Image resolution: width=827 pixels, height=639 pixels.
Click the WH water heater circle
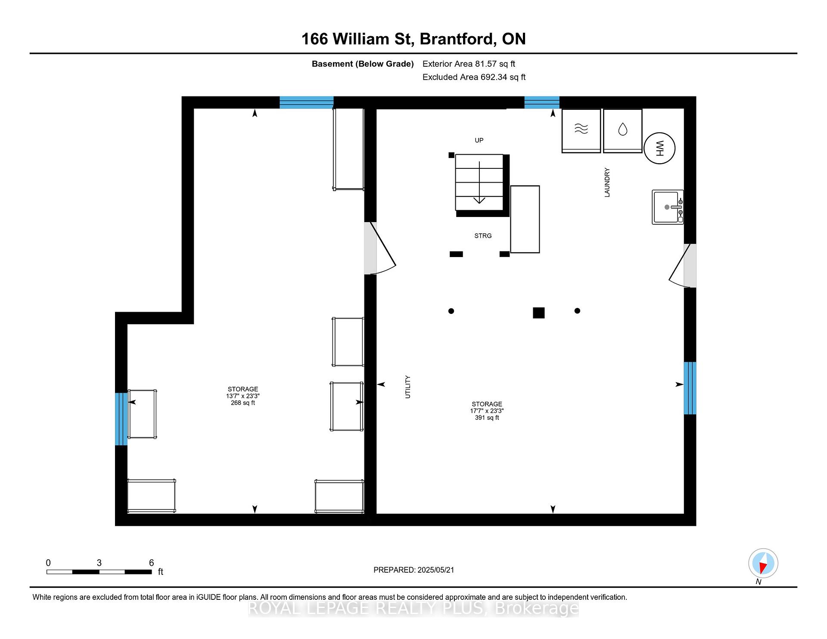pyautogui.click(x=659, y=148)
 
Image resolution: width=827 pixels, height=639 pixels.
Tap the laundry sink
pyautogui.click(x=667, y=207)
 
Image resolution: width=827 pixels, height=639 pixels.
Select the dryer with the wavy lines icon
pyautogui.click(x=581, y=131)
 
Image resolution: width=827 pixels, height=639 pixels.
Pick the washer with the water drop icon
pyautogui.click(x=622, y=131)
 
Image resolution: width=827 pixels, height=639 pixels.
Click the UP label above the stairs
pyautogui.click(x=479, y=140)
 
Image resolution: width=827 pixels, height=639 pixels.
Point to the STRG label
pyautogui.click(x=483, y=236)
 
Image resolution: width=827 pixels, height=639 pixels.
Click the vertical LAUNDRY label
pyautogui.click(x=607, y=183)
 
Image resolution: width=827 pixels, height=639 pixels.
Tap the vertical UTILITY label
pyautogui.click(x=407, y=387)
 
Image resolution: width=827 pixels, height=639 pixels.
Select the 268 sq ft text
pyautogui.click(x=243, y=403)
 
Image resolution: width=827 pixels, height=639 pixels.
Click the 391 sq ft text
pyautogui.click(x=487, y=418)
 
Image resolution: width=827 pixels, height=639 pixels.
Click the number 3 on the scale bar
pyautogui.click(x=99, y=563)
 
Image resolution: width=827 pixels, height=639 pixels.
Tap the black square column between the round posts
pyautogui.click(x=538, y=313)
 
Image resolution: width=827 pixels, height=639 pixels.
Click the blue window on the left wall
pyautogui.click(x=121, y=419)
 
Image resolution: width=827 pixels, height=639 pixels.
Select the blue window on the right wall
pyautogui.click(x=690, y=388)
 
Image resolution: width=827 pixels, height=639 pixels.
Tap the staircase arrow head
pyautogui.click(x=479, y=200)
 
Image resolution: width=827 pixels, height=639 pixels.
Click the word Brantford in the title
pyautogui.click(x=457, y=39)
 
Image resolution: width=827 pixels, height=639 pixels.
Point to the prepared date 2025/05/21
pyautogui.click(x=435, y=570)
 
